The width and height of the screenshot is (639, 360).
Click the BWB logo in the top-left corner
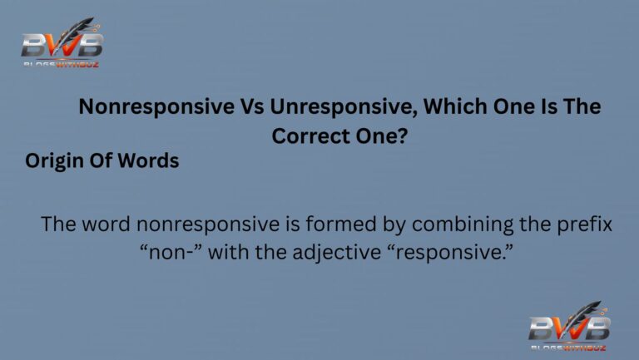click(62, 43)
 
